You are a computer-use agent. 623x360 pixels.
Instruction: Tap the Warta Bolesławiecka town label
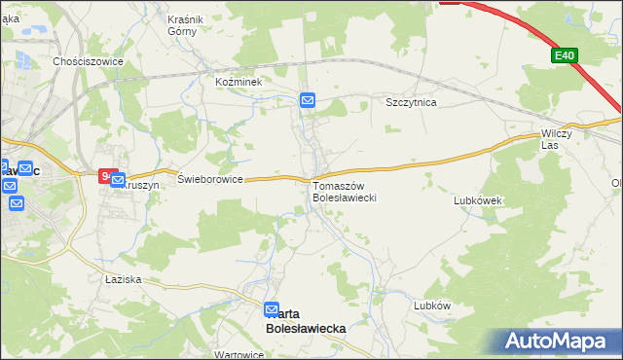click(x=306, y=322)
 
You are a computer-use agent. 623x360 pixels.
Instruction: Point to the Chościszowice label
click(x=88, y=59)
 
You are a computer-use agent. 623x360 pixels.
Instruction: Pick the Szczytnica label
click(x=411, y=101)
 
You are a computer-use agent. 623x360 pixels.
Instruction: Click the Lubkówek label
click(x=477, y=200)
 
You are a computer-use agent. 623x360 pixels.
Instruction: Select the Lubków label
click(x=432, y=305)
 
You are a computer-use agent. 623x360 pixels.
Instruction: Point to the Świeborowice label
click(x=209, y=179)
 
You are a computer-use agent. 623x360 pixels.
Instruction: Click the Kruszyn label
click(x=139, y=185)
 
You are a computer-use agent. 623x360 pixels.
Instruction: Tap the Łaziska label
click(x=124, y=279)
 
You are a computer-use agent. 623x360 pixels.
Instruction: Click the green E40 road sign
click(x=565, y=56)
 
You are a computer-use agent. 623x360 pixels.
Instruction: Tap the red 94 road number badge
click(x=106, y=176)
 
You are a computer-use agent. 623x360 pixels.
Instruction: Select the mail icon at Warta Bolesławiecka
click(x=272, y=309)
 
